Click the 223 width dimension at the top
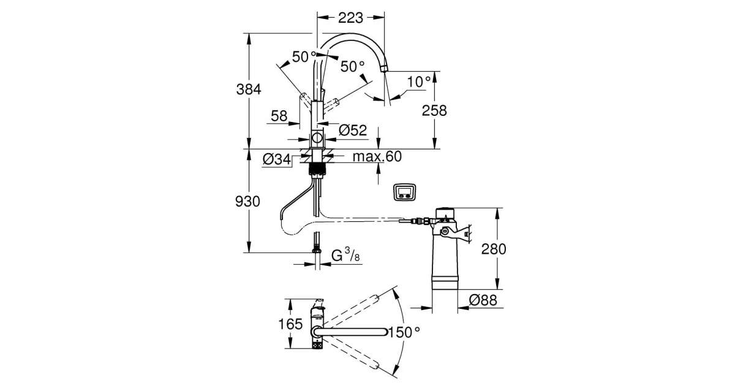tap(351, 18)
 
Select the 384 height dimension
tap(249, 89)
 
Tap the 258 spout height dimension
tap(434, 110)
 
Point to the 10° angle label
tap(420, 81)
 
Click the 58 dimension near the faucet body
tap(279, 116)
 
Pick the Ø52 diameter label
tap(352, 130)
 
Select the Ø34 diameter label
tap(276, 159)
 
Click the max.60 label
tap(377, 157)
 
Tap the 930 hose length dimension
tap(249, 201)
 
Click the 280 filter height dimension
tap(494, 249)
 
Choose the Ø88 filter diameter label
tap(483, 300)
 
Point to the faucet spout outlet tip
tap(384, 69)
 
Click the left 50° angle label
tap(304, 57)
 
